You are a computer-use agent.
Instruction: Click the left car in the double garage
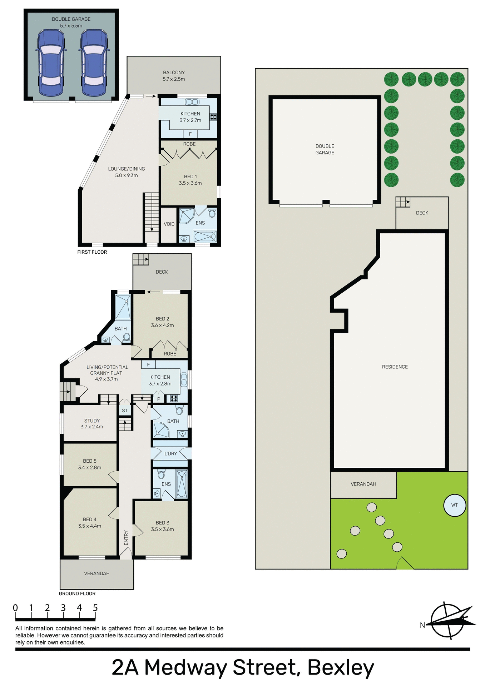51,63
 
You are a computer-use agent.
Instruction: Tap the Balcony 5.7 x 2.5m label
174,76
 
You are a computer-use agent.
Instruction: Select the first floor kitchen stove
213,116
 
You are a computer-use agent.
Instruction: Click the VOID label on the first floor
169,224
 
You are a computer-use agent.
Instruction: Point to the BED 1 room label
190,180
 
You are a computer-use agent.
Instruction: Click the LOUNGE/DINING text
127,169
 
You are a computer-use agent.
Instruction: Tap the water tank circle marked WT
454,505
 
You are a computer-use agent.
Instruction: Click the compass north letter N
422,625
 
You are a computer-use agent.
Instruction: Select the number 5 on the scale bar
95,608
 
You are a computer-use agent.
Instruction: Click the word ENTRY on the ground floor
126,538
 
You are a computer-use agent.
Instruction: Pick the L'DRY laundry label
170,453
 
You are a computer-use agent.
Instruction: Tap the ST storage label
125,411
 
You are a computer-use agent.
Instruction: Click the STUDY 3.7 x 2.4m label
92,424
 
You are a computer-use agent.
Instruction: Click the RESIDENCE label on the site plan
395,367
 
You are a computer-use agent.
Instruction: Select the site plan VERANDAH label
363,484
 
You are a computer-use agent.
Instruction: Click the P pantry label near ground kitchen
159,399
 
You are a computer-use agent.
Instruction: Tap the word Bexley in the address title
340,667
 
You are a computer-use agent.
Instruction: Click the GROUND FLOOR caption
77,593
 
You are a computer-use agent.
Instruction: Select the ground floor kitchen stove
174,398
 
